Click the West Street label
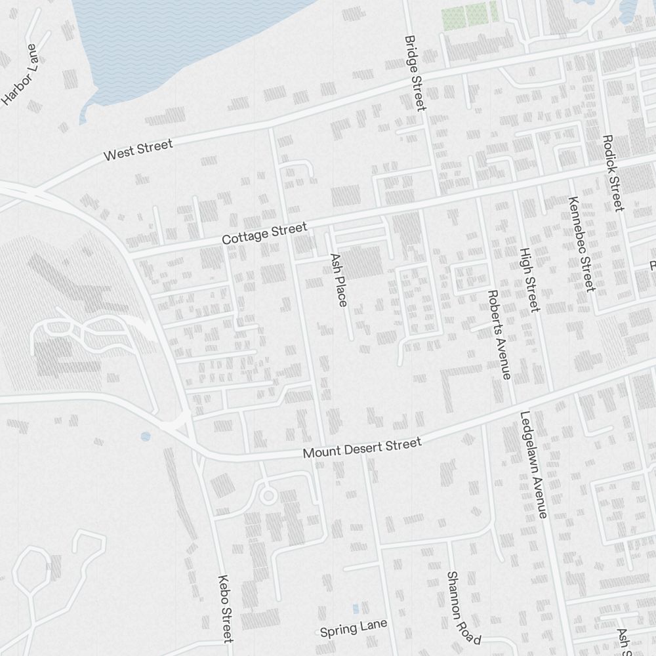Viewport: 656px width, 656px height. click(138, 150)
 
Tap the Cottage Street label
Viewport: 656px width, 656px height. click(264, 234)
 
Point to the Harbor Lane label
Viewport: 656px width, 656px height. click(21, 74)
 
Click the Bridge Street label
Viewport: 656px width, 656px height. click(415, 73)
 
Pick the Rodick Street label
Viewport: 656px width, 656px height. click(611, 173)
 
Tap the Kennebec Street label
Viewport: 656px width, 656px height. click(582, 244)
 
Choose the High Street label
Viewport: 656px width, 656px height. click(529, 279)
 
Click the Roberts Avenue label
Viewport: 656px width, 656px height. click(499, 335)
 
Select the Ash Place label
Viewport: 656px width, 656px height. click(338, 280)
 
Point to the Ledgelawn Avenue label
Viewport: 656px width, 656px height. click(533, 464)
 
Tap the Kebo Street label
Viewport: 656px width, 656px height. click(226, 609)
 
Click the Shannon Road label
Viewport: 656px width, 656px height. click(463, 607)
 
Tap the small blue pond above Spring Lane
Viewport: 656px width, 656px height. click(356, 609)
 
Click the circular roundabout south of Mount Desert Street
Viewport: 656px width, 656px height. click(268, 496)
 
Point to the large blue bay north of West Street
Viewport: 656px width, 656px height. click(184, 39)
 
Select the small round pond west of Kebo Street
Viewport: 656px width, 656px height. click(145, 436)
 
